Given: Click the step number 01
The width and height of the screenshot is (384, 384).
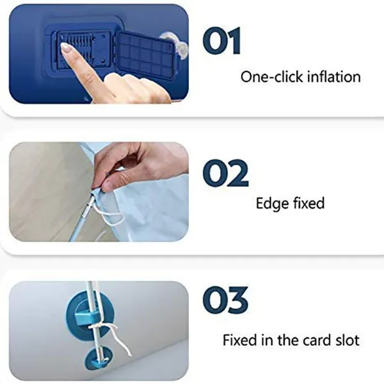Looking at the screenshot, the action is [x=221, y=41].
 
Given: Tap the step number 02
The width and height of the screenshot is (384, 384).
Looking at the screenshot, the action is [x=225, y=173].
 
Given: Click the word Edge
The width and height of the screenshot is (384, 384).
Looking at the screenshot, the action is [x=272, y=204].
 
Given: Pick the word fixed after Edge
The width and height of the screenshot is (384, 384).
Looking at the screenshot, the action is [x=309, y=204].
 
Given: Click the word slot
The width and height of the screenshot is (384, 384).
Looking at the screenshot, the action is [x=348, y=340].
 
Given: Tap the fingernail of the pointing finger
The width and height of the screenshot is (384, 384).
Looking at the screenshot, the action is [x=66, y=49].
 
